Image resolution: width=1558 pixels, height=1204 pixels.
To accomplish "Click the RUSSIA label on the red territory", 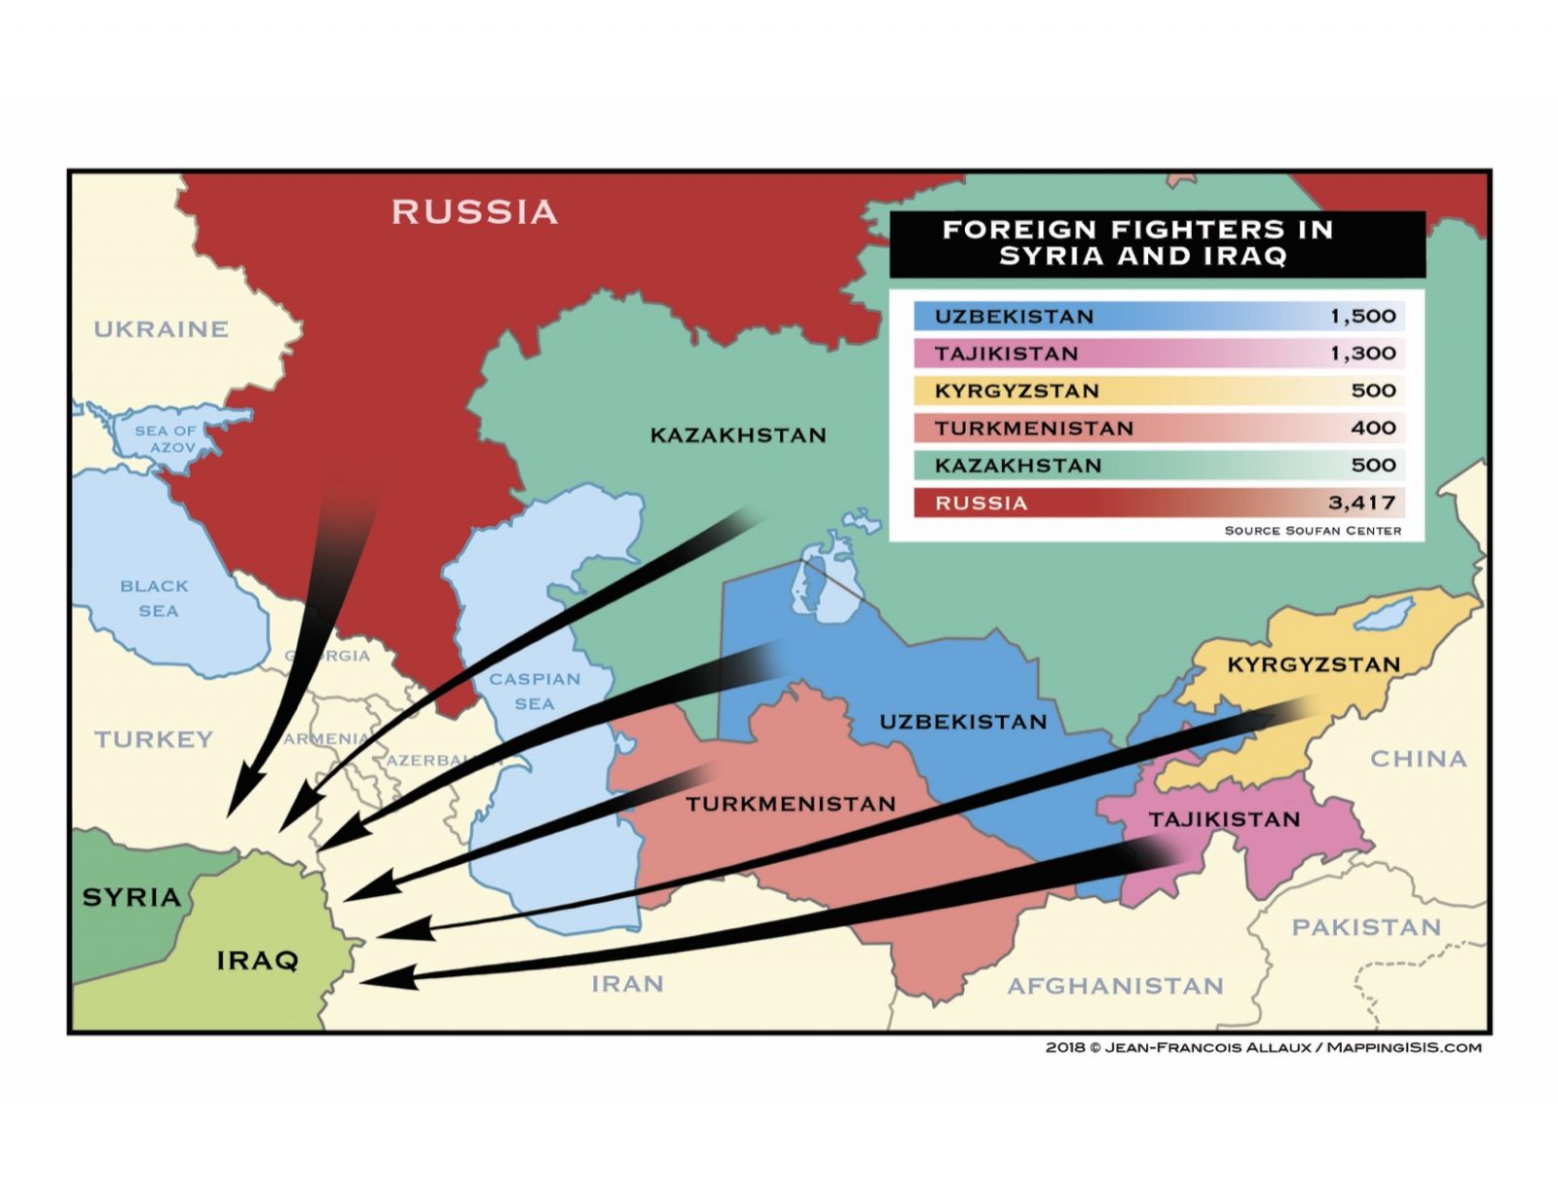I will pyautogui.click(x=474, y=211).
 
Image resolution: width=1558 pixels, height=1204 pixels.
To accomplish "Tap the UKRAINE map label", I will pyautogui.click(x=161, y=329).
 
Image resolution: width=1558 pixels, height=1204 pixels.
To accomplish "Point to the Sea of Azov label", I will pyautogui.click(x=167, y=438).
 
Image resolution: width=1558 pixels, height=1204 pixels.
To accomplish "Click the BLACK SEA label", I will pyautogui.click(x=156, y=598).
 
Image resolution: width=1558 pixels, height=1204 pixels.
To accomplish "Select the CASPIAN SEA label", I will pyautogui.click(x=535, y=691).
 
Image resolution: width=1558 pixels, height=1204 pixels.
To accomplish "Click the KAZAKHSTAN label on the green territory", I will pyautogui.click(x=738, y=435).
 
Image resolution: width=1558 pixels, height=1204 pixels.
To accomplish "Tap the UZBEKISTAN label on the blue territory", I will pyautogui.click(x=963, y=722).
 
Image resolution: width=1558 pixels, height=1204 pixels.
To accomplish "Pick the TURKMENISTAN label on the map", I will pyautogui.click(x=790, y=804).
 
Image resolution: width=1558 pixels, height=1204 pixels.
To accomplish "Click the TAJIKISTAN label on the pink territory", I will pyautogui.click(x=1224, y=819).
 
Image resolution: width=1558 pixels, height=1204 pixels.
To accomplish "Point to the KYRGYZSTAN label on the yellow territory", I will pyautogui.click(x=1313, y=664).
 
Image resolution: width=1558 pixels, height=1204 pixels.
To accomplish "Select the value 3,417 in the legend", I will pyautogui.click(x=1361, y=503).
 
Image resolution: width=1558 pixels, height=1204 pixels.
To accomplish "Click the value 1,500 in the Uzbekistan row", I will pyautogui.click(x=1362, y=317).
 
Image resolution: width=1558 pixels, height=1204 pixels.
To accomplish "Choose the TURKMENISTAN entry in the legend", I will pyautogui.click(x=1033, y=429).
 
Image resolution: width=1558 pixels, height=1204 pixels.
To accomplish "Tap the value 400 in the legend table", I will pyautogui.click(x=1373, y=428).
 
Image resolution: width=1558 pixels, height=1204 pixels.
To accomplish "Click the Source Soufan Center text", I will pyautogui.click(x=1312, y=531).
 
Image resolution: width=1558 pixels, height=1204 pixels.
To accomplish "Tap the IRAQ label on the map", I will pyautogui.click(x=257, y=960).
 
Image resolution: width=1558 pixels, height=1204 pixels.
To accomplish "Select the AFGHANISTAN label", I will pyautogui.click(x=1115, y=986).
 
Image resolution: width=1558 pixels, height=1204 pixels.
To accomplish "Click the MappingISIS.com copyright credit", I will pyautogui.click(x=1263, y=1048).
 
